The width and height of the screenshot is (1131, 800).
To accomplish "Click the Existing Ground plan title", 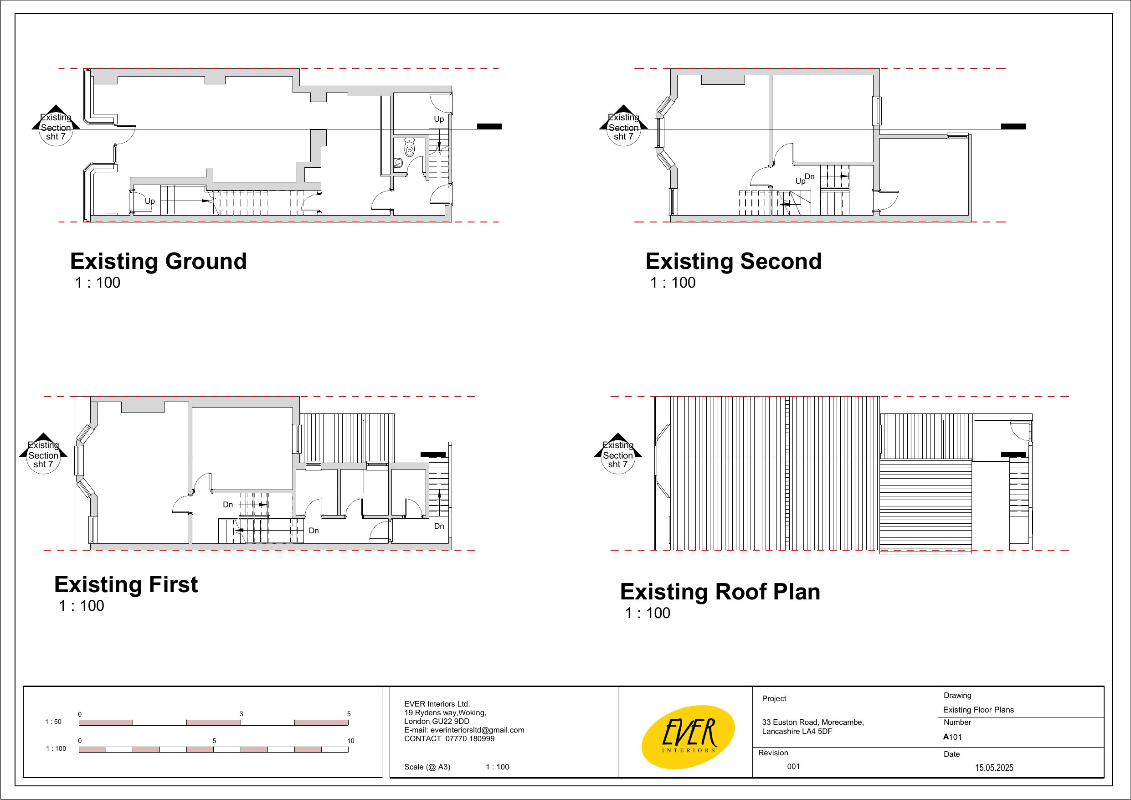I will (158, 261).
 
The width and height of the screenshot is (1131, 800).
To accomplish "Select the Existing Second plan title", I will (734, 261).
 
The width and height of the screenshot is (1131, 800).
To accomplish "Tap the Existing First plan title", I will (126, 584).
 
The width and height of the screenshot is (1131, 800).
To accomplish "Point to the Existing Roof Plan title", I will (720, 592).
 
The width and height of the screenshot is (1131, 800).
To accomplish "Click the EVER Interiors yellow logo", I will (688, 737).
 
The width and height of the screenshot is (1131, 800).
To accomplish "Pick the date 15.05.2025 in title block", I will (994, 768).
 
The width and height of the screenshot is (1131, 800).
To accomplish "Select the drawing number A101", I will (952, 738).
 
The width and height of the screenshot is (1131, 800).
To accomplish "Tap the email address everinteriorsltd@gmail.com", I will (477, 730).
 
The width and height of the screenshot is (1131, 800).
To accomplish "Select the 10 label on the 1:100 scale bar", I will (351, 741).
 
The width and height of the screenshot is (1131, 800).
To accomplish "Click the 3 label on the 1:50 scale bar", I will (242, 714).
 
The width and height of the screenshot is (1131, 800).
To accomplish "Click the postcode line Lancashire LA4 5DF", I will (797, 732).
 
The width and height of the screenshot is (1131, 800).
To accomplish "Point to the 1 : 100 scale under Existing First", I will (81, 606).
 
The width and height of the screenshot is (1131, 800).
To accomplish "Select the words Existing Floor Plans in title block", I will (978, 710).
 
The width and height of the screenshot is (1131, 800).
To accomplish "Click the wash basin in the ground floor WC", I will (399, 163).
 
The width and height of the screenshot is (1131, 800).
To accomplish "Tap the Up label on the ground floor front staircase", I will (150, 201).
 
